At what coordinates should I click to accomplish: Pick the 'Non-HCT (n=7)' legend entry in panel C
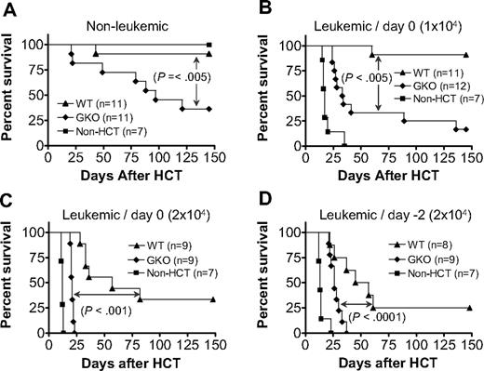183,272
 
